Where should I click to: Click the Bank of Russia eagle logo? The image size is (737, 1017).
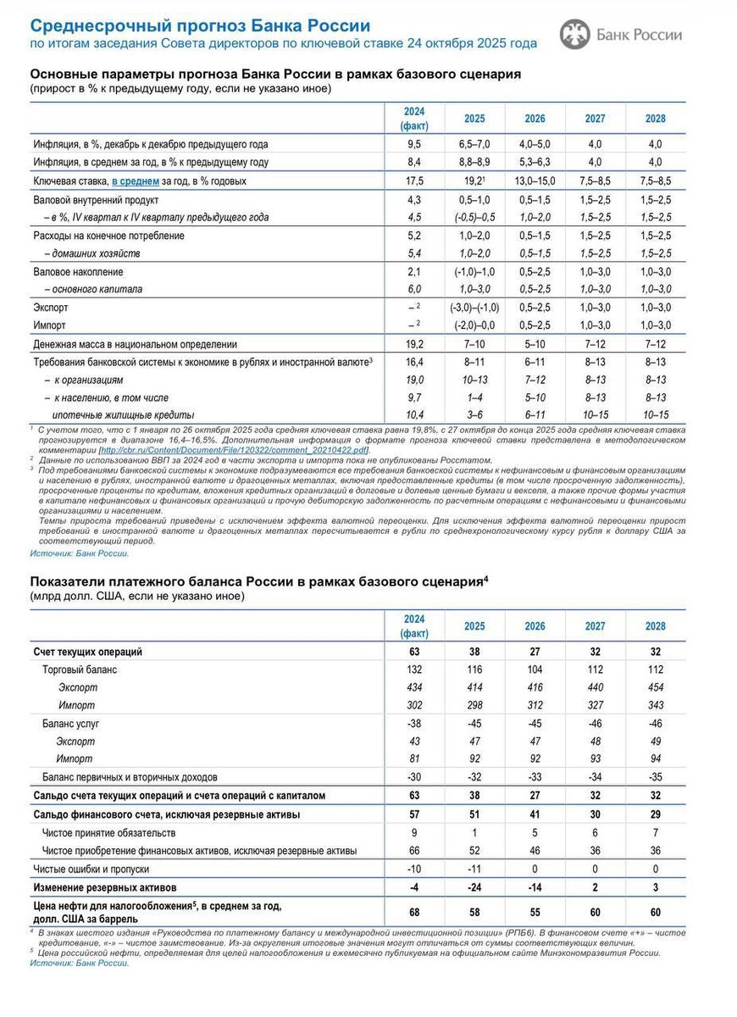coord(574,34)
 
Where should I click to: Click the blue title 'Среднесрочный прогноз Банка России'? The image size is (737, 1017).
coord(200,25)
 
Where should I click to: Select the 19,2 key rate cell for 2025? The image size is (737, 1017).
coord(474,181)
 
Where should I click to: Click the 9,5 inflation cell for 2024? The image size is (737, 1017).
coord(414,144)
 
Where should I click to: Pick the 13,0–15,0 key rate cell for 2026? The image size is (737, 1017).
coord(535,181)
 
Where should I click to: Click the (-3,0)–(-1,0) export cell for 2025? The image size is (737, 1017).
coord(474,308)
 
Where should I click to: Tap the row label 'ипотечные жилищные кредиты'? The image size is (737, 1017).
coord(123,414)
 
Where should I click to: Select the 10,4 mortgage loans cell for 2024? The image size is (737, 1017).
coord(414,414)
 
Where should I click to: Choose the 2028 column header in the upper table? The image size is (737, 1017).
coord(656,119)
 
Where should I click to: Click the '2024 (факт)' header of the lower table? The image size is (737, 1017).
coord(414,625)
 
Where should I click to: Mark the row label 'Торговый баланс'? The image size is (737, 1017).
coord(80,670)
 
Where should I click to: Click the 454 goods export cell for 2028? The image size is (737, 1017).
coord(656,687)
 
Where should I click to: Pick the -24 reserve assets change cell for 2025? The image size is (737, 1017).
coord(474,887)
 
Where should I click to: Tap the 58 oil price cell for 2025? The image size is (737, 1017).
coord(474,912)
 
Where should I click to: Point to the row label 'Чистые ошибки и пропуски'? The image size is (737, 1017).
coord(91,869)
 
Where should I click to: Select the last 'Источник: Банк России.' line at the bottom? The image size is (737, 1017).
coord(80,962)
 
